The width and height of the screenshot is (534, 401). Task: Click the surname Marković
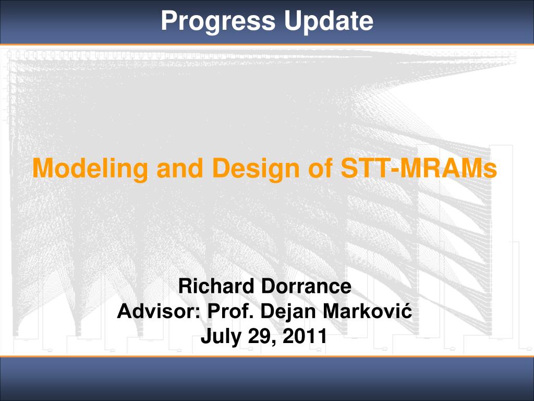pyautogui.click(x=367, y=311)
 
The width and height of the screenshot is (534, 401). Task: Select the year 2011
pyautogui.click(x=305, y=336)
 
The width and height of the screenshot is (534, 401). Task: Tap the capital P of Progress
pyautogui.click(x=169, y=21)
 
